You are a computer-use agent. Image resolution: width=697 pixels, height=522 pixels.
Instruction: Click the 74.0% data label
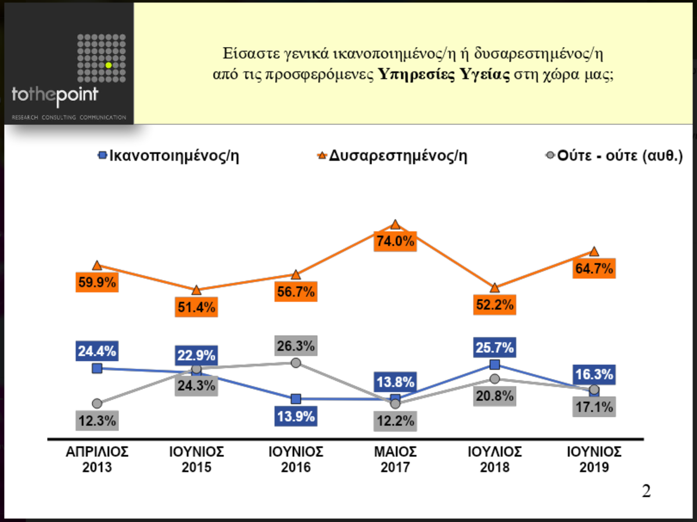[x=395, y=242]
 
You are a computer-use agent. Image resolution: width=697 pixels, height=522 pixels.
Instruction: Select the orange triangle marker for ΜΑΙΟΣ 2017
[x=395, y=225]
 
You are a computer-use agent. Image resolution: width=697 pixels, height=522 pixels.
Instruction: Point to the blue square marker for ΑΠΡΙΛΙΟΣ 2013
[x=97, y=368]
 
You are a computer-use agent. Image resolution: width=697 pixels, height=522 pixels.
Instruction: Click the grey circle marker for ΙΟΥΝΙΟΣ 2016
[x=296, y=363]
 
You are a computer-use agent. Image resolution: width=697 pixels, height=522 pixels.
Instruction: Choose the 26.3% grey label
[x=296, y=346]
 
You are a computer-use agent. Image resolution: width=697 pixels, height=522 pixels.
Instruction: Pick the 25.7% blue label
[x=494, y=348]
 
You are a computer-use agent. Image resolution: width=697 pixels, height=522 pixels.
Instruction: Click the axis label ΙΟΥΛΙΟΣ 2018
[x=494, y=459]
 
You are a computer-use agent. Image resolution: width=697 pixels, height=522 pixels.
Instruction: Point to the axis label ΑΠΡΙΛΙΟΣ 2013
[x=97, y=459]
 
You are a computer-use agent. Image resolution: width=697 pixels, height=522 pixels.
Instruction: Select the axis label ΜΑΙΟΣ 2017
[x=395, y=459]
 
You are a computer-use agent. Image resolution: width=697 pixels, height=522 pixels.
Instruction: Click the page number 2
[x=646, y=492]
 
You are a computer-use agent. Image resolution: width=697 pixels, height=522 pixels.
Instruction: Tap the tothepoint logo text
[x=55, y=96]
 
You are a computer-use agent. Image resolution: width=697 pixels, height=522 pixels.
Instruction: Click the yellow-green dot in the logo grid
[x=108, y=65]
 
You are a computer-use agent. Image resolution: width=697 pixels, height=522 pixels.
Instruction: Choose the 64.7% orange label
[x=594, y=269]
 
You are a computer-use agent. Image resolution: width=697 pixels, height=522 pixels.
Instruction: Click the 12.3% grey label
[x=97, y=420]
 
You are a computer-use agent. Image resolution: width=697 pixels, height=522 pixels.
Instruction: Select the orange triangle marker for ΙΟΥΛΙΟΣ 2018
[x=494, y=288]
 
